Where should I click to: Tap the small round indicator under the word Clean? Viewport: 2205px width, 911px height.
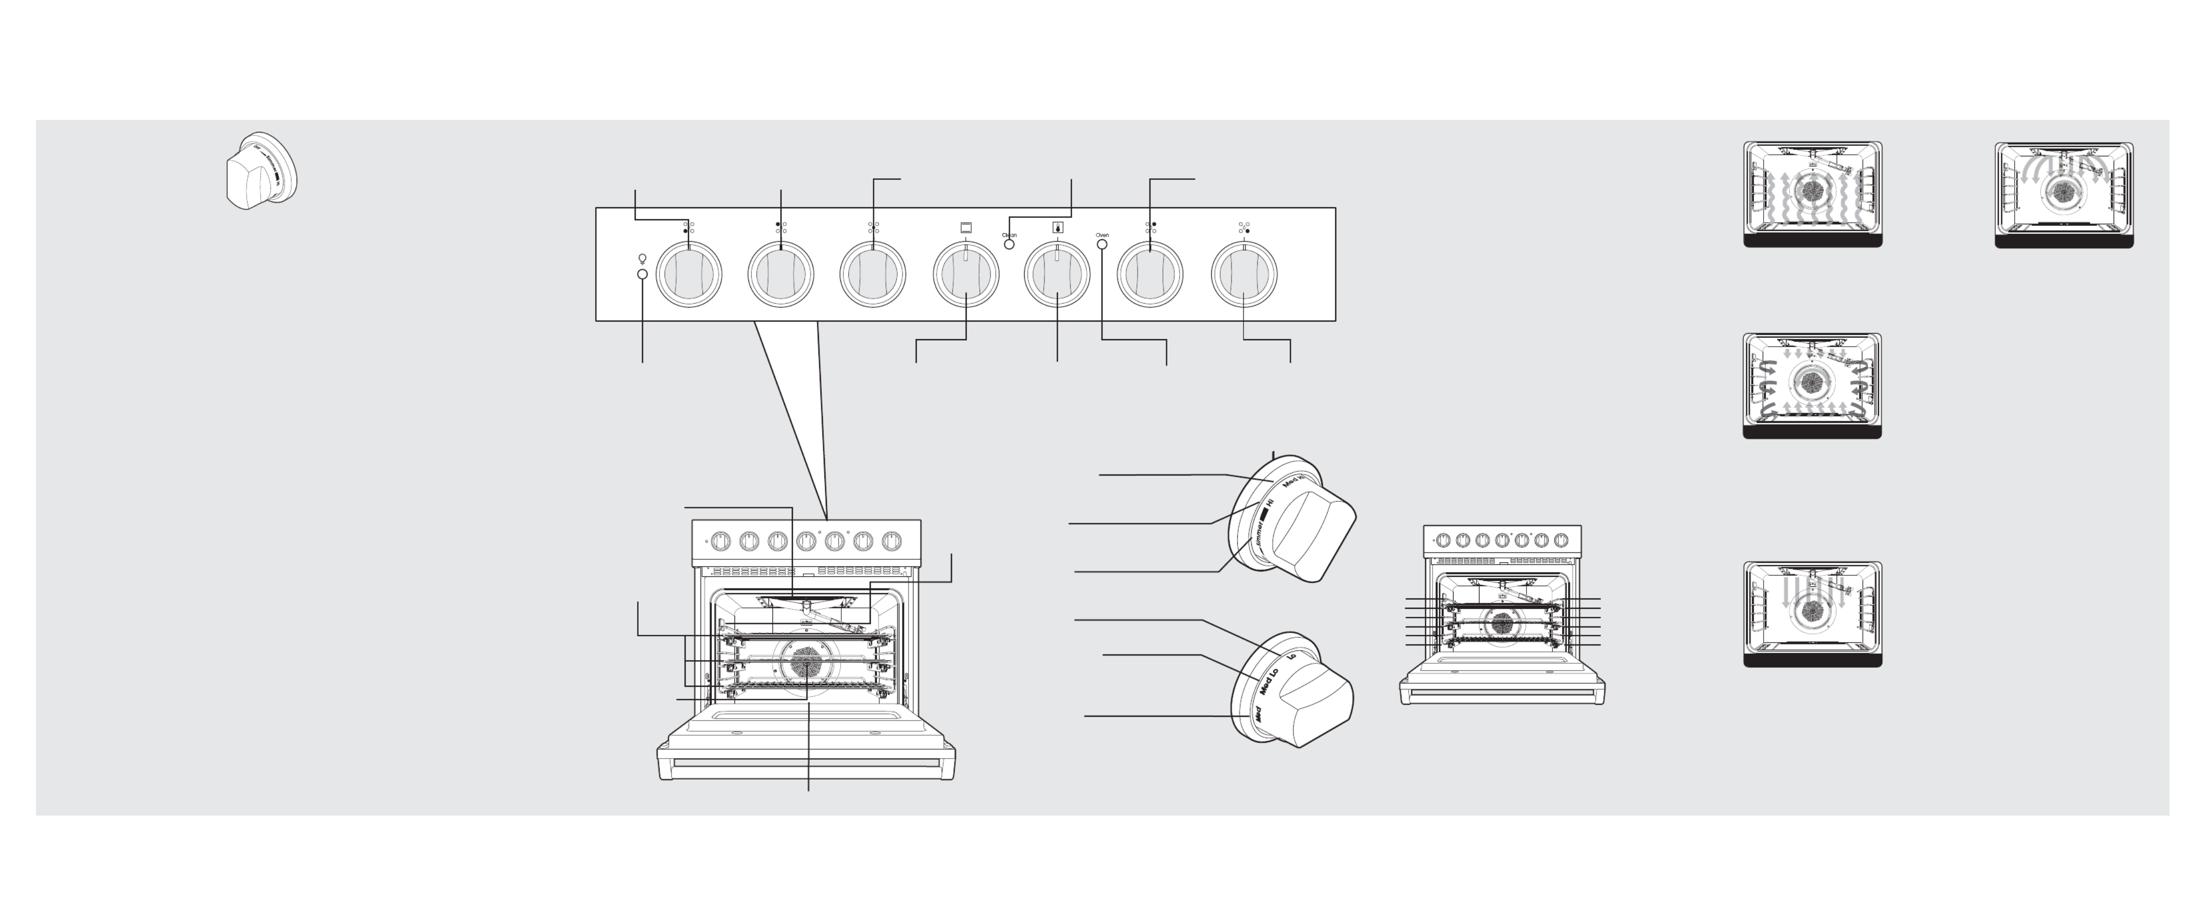click(1009, 244)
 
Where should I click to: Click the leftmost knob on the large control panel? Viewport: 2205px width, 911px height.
click(688, 275)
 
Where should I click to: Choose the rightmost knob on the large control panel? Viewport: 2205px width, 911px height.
click(1244, 275)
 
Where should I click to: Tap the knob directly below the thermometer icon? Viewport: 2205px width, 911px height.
click(1058, 275)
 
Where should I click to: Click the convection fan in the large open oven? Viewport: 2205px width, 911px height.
click(804, 664)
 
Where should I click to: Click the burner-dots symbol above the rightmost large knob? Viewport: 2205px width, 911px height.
click(1244, 228)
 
